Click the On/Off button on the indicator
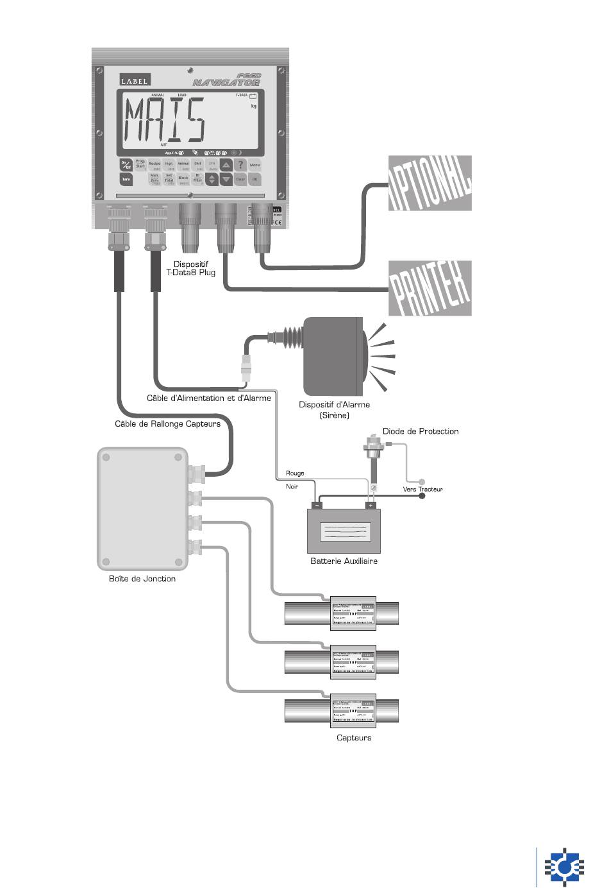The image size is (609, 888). (x=126, y=165)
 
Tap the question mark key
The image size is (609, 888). (x=240, y=165)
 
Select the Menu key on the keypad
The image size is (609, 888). (x=254, y=165)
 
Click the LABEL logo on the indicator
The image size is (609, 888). (x=135, y=81)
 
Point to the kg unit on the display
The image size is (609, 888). (x=254, y=107)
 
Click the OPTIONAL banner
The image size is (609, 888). (x=430, y=183)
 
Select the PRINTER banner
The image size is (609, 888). (x=430, y=288)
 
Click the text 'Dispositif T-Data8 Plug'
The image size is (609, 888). (x=191, y=268)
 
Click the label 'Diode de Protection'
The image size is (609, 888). (x=421, y=431)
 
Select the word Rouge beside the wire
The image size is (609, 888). (x=295, y=474)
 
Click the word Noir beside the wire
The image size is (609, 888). (x=292, y=486)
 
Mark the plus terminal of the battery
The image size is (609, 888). (x=370, y=506)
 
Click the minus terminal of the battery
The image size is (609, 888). (x=318, y=506)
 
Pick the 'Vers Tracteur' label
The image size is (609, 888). (x=422, y=490)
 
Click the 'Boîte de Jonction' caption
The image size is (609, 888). (x=142, y=579)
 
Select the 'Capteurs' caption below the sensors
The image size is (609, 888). (x=354, y=738)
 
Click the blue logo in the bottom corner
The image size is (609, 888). (x=564, y=867)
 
